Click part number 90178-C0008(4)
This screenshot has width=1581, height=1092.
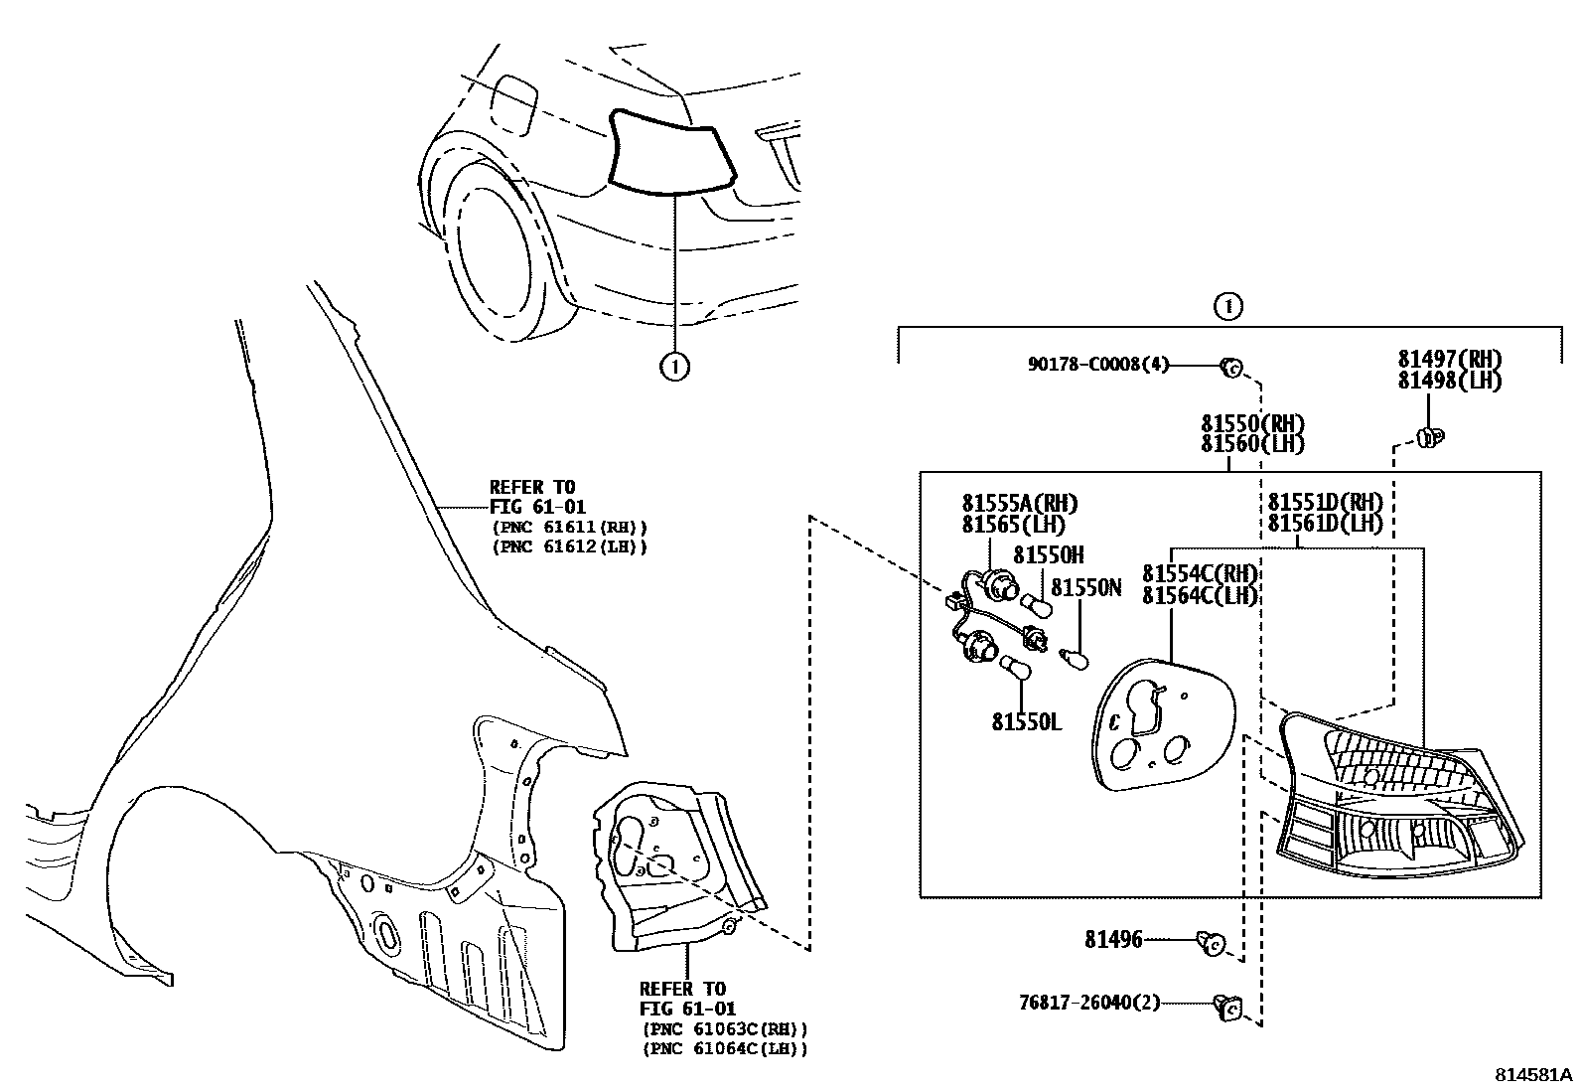pos(1097,365)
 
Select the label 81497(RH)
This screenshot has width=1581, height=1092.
pos(1449,360)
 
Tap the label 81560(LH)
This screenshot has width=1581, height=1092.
pos(1252,444)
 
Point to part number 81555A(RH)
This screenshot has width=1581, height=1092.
pos(1019,504)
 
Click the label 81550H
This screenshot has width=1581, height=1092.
pos(1048,555)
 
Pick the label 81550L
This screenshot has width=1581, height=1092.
pos(1026,722)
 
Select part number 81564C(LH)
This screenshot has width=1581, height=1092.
pos(1200,595)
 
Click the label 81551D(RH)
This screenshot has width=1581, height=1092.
pos(1325,502)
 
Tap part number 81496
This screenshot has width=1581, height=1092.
pos(1113,939)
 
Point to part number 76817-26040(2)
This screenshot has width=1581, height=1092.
pos(1089,1003)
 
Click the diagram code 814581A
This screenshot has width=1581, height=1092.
pos(1534,1075)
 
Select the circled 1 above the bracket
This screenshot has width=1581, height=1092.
pos(1228,306)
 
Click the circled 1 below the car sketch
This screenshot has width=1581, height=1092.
pos(674,367)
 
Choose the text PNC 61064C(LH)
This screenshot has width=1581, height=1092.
pos(725,1048)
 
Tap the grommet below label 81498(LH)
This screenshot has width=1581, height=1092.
pos(1429,436)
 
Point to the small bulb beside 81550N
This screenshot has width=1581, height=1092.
pos(1076,658)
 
